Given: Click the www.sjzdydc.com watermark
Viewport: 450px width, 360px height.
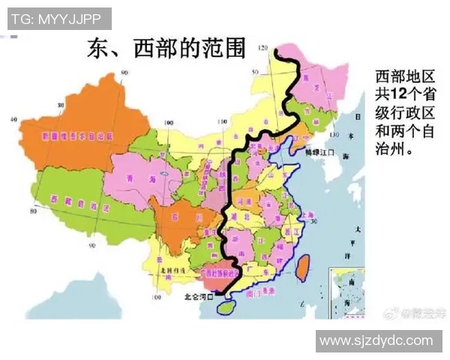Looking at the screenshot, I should [x=378, y=341].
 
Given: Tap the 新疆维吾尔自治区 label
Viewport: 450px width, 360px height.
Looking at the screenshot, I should [x=77, y=138].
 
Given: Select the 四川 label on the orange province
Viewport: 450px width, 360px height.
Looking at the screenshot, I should [x=177, y=216].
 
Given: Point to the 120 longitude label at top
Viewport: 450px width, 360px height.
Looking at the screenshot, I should [x=262, y=49].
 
